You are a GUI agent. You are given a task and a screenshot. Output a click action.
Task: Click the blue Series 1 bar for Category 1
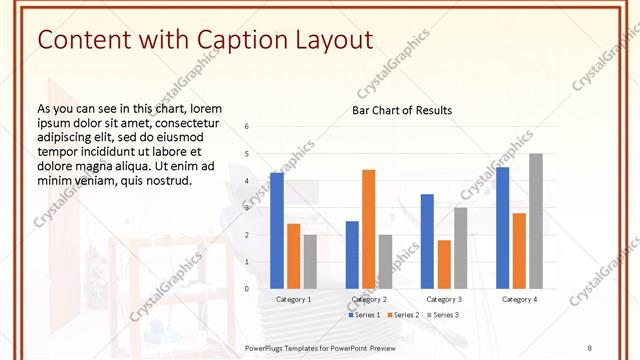277,230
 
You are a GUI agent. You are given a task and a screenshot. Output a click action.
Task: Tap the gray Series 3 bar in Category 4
536,221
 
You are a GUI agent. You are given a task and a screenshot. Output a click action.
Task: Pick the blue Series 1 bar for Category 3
427,241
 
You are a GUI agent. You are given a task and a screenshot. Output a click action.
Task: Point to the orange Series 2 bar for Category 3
444,264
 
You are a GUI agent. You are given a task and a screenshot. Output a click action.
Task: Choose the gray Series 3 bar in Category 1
310,261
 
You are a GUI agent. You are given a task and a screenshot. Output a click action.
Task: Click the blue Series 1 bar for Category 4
502,227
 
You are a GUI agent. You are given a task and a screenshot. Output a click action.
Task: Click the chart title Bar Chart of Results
402,110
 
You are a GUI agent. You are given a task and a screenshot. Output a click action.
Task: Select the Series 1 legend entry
364,315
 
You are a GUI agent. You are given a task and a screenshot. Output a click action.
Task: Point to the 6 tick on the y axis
247,127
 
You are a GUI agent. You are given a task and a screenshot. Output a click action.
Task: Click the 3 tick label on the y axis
247,208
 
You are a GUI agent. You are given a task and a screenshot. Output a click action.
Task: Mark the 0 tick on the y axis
247,289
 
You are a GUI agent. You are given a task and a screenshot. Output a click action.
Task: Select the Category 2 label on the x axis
368,299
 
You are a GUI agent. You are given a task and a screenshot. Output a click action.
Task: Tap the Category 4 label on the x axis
518,299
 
